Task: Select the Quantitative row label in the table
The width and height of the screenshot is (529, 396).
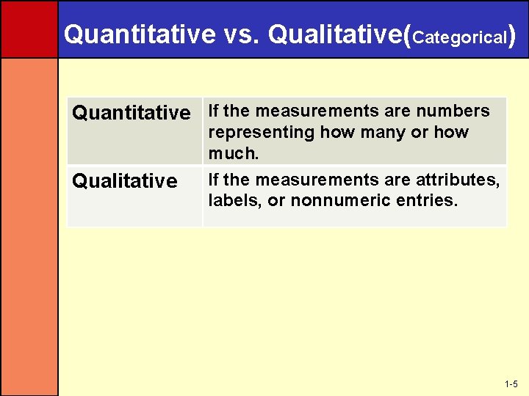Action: [131, 113]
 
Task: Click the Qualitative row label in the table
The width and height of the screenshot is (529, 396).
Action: [124, 181]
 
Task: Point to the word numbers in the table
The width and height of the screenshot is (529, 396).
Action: [453, 111]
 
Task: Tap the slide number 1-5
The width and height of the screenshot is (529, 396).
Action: [511, 384]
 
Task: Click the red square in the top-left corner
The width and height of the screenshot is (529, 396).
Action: [29, 29]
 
